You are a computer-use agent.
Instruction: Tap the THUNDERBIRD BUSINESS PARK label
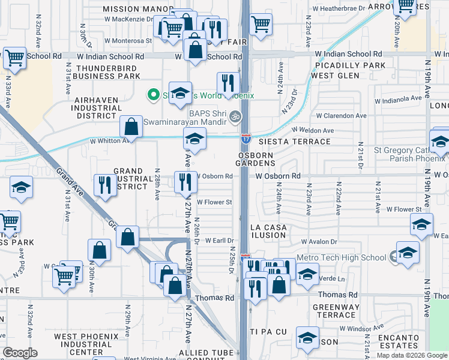point(108,72)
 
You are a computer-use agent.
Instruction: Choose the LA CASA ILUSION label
point(268,231)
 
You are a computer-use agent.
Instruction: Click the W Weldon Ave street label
point(313,130)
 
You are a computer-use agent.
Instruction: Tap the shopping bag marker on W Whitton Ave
point(131,127)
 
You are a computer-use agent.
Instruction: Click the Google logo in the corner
point(20,353)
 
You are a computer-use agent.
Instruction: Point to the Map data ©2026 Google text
point(412,355)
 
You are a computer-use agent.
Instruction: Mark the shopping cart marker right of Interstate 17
point(261,25)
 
